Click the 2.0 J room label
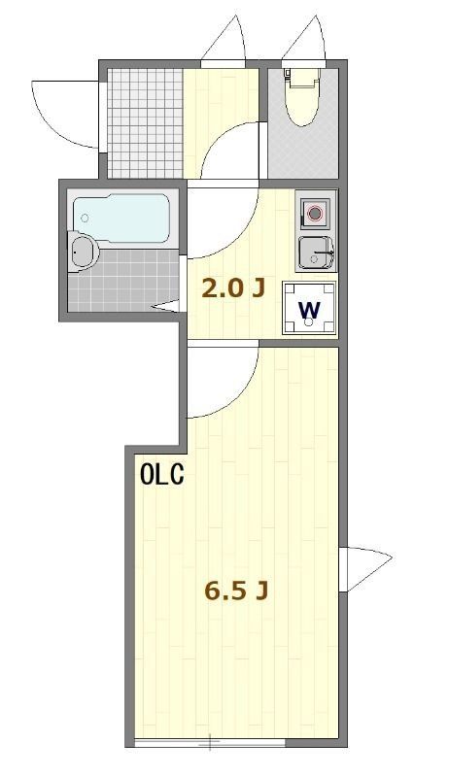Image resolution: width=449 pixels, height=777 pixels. point(232,287)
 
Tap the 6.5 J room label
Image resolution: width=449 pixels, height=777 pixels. point(235,590)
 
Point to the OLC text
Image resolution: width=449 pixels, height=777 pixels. point(161,476)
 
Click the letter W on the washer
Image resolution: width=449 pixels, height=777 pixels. point(309,311)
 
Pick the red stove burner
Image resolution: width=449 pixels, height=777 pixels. point(315,213)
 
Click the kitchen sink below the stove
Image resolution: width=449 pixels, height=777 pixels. point(314,252)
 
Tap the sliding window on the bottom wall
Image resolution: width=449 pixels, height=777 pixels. point(209,743)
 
